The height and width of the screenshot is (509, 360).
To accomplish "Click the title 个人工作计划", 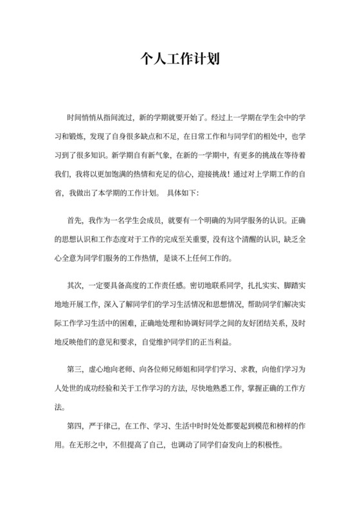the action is (x=180, y=60).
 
